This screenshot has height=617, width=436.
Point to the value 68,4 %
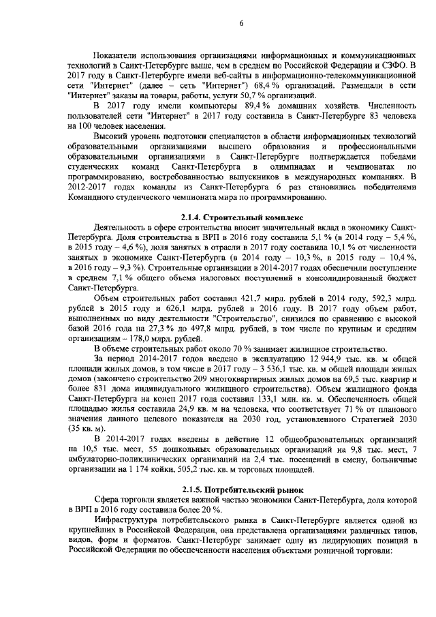coord(275,85)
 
